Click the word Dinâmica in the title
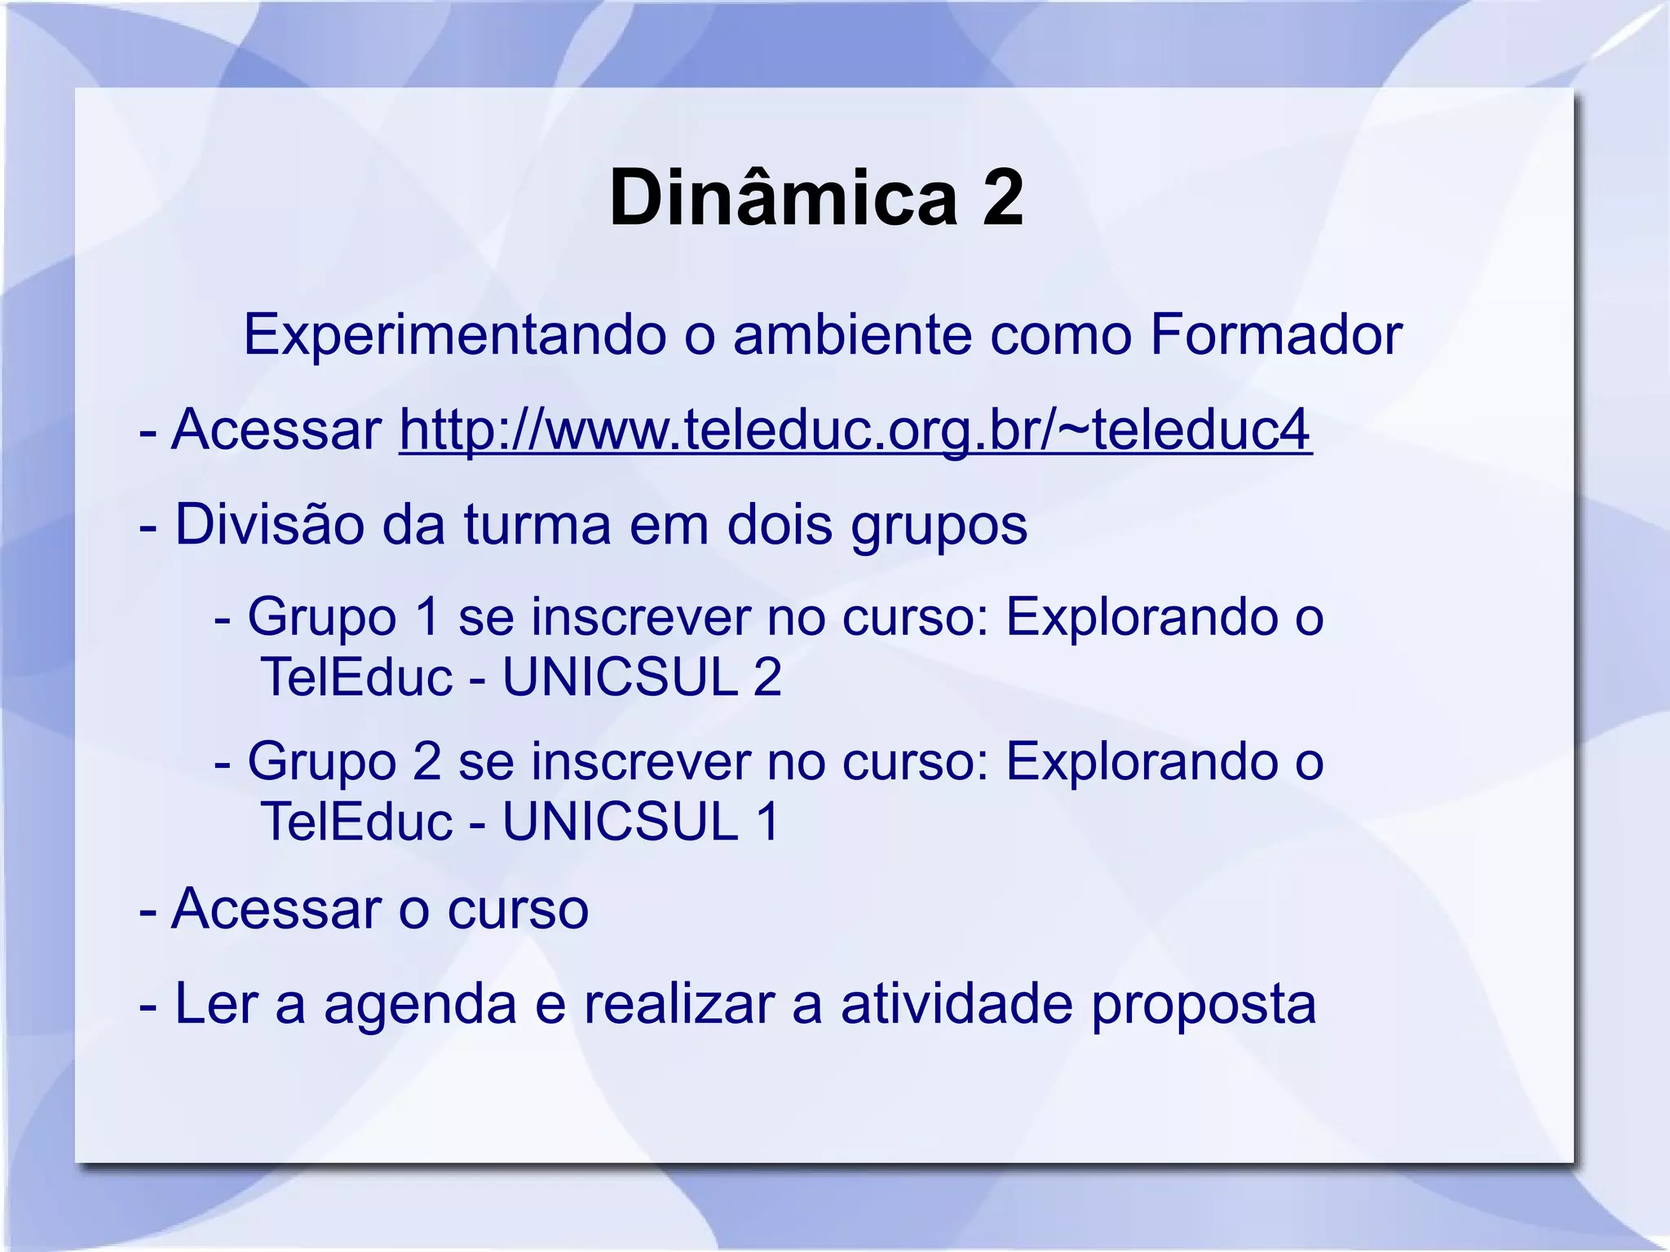(x=783, y=198)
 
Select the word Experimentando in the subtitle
(x=454, y=335)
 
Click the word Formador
(x=1275, y=335)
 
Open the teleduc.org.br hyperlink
(x=855, y=430)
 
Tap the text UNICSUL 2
(x=642, y=677)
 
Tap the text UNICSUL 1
(x=640, y=822)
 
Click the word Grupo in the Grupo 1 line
(x=322, y=618)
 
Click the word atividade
(x=956, y=1003)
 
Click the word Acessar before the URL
(x=276, y=430)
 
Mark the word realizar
(x=678, y=1003)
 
